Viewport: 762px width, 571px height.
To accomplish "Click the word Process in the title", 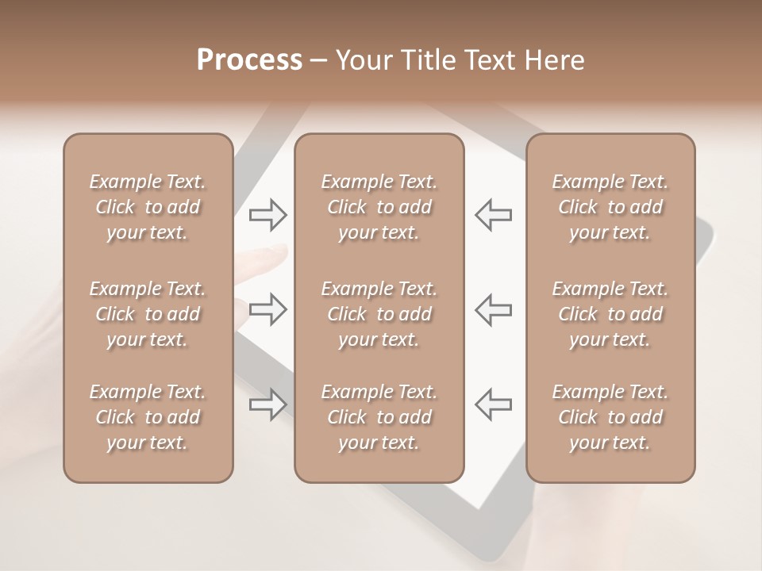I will pos(249,60).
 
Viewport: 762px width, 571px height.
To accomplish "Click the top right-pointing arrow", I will pos(267,214).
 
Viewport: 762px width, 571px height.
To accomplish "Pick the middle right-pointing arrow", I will pos(267,308).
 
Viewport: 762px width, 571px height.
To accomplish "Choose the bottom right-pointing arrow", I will pos(267,404).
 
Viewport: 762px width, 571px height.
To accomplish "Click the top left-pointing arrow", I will pos(493,214).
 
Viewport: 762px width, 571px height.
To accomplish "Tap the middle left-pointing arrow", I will pos(493,308).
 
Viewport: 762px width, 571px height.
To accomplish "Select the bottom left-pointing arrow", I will pos(493,404).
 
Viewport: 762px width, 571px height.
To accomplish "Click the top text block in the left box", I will pos(148,207).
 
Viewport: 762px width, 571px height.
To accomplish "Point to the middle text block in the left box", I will pos(148,314).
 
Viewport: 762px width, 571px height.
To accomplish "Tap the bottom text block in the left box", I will pos(148,417).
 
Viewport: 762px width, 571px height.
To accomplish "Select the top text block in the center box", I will pos(379,207).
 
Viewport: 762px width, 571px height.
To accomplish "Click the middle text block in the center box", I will pos(379,314).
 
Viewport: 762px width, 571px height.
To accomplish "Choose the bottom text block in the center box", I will pos(379,417).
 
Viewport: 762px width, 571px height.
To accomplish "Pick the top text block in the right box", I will pos(610,207).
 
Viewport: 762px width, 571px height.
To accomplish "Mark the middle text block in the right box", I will pos(610,314).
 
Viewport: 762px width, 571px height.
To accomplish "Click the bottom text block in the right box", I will pos(610,417).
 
